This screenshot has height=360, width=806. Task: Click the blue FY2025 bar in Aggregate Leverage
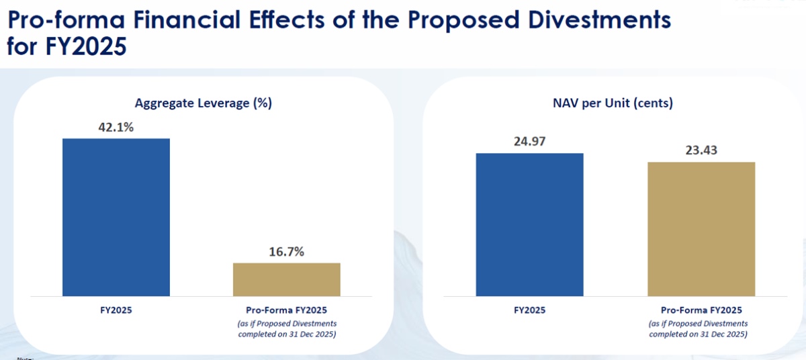point(116,217)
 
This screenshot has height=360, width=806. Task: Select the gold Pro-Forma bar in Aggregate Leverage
point(287,279)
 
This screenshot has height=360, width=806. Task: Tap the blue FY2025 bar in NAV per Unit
point(530,224)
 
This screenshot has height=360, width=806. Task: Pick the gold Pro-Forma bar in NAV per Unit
point(701,229)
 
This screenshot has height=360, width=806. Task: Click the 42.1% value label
point(116,128)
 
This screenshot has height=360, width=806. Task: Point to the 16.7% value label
point(287,252)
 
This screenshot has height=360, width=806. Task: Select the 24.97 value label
point(530,142)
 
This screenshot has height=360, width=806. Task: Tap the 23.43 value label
point(701,150)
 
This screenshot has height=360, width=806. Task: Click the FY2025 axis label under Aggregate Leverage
point(116,310)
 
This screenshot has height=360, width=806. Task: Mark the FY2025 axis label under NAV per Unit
point(530,310)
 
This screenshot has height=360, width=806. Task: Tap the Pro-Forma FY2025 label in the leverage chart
point(287,310)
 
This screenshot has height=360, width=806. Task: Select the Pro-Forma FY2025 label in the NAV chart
point(701,310)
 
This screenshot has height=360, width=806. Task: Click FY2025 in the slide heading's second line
point(88,48)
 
